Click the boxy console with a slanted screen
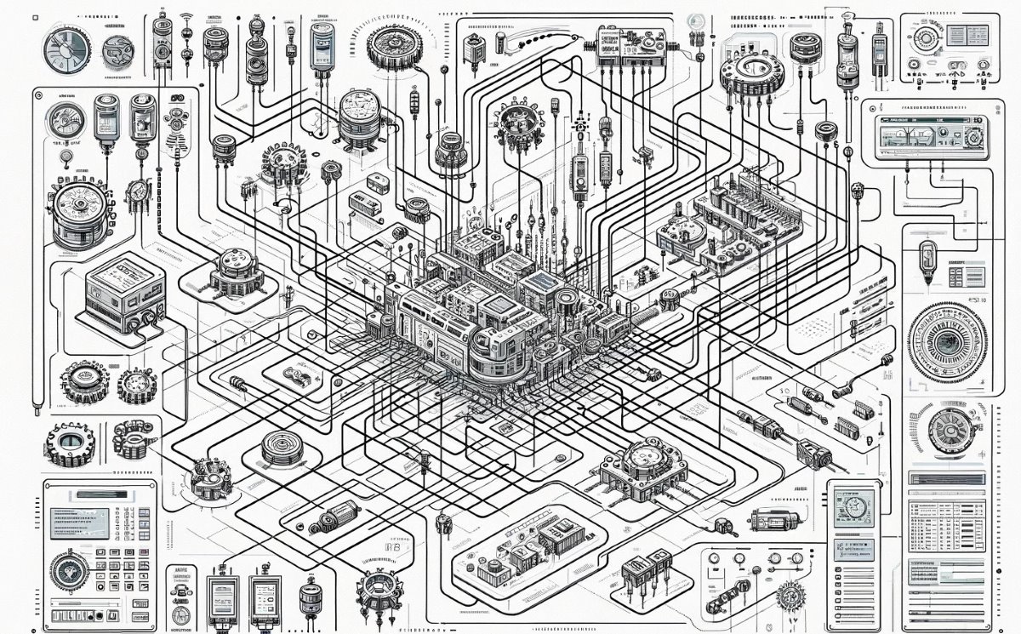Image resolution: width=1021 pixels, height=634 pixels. tap(124, 293)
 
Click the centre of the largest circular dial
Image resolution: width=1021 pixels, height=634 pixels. tap(946, 340)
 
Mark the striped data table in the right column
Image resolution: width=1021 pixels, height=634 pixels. tap(945, 524)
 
